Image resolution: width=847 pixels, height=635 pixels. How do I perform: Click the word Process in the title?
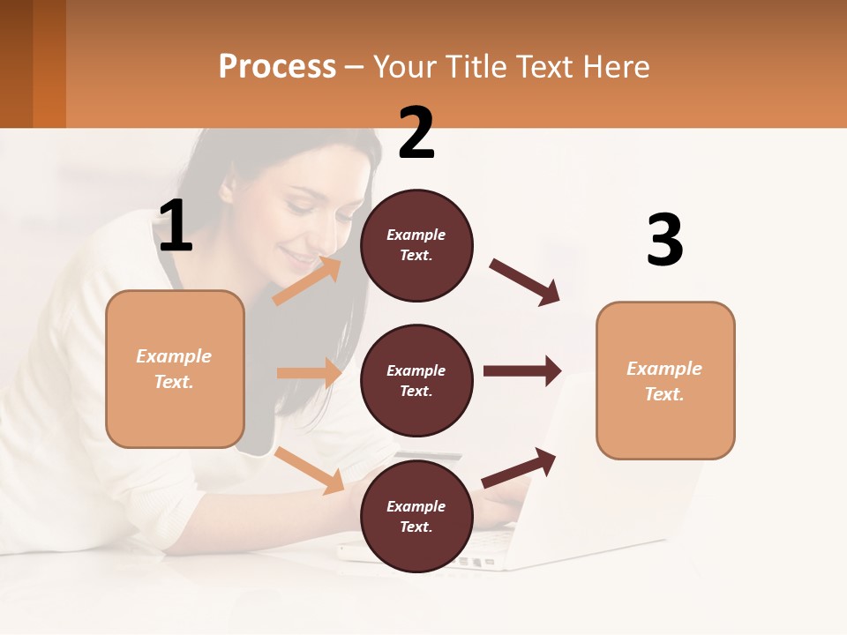coord(277,67)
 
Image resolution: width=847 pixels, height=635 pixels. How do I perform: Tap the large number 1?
coord(176,227)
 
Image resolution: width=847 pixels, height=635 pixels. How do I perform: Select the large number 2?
coord(416,133)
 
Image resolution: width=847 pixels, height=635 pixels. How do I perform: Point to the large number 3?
coord(664,240)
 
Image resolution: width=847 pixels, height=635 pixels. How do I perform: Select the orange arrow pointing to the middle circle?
coord(309,373)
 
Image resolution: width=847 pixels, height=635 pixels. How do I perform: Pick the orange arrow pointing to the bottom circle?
coord(310,470)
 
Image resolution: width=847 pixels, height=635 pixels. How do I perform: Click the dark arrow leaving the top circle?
coord(524,282)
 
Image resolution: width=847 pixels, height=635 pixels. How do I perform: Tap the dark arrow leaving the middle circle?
coord(521,371)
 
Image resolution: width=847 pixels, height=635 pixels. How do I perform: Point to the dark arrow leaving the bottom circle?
coord(519,467)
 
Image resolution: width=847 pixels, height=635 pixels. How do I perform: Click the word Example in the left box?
coord(174,356)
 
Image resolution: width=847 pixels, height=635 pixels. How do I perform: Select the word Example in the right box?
coord(664,369)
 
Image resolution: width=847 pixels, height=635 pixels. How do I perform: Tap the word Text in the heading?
coord(540,67)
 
